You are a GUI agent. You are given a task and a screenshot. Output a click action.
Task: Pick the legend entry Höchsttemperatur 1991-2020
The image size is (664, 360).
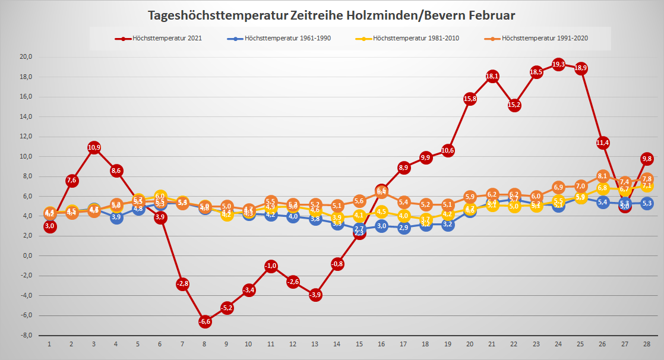(544, 39)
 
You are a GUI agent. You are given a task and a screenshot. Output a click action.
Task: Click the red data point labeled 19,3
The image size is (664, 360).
(558, 64)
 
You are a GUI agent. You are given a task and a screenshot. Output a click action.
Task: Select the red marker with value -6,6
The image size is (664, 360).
(205, 321)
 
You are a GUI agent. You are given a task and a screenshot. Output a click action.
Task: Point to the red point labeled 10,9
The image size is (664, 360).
(94, 147)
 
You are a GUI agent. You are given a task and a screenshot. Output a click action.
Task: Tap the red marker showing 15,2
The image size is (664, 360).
(514, 105)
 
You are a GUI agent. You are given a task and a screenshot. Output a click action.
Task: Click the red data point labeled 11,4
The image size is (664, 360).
(603, 143)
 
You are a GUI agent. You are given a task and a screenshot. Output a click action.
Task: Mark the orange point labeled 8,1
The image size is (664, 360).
(603, 176)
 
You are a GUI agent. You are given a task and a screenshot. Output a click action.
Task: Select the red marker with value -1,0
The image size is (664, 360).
(271, 266)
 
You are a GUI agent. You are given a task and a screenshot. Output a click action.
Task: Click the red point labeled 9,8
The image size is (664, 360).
(647, 159)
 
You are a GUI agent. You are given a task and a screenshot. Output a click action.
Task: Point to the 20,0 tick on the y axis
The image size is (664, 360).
(26, 57)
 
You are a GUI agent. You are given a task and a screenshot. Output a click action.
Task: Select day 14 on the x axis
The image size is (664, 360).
(337, 344)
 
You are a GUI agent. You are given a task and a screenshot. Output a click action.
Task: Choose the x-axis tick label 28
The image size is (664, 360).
(647, 344)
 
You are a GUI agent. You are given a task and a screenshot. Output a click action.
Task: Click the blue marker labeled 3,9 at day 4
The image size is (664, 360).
(116, 217)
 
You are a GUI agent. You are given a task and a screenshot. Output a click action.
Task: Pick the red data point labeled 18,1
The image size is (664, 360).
(492, 76)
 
